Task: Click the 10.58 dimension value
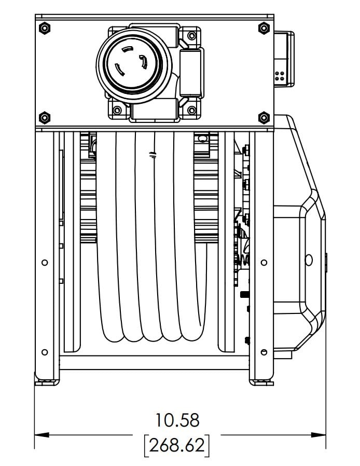coord(177,420)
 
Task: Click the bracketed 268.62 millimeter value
coord(177,445)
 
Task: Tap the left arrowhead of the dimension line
coord(42,435)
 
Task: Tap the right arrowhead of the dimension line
coord(319,435)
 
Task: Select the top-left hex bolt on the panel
coord(45,28)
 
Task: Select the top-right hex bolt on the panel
coord(264,28)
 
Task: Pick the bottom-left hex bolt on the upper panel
coord(45,118)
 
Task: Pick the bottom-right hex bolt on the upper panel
coord(264,118)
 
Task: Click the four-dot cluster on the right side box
coord(280,76)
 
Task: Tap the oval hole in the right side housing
coord(309,260)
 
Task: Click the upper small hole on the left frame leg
coord(45,263)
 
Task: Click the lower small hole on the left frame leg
coord(45,352)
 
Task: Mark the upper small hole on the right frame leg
coord(264,263)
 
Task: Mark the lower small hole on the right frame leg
coord(264,352)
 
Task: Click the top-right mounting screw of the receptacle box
coord(192,36)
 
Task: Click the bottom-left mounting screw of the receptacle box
coord(117,110)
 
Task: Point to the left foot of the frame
coord(47,382)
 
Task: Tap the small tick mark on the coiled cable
coord(153,155)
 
